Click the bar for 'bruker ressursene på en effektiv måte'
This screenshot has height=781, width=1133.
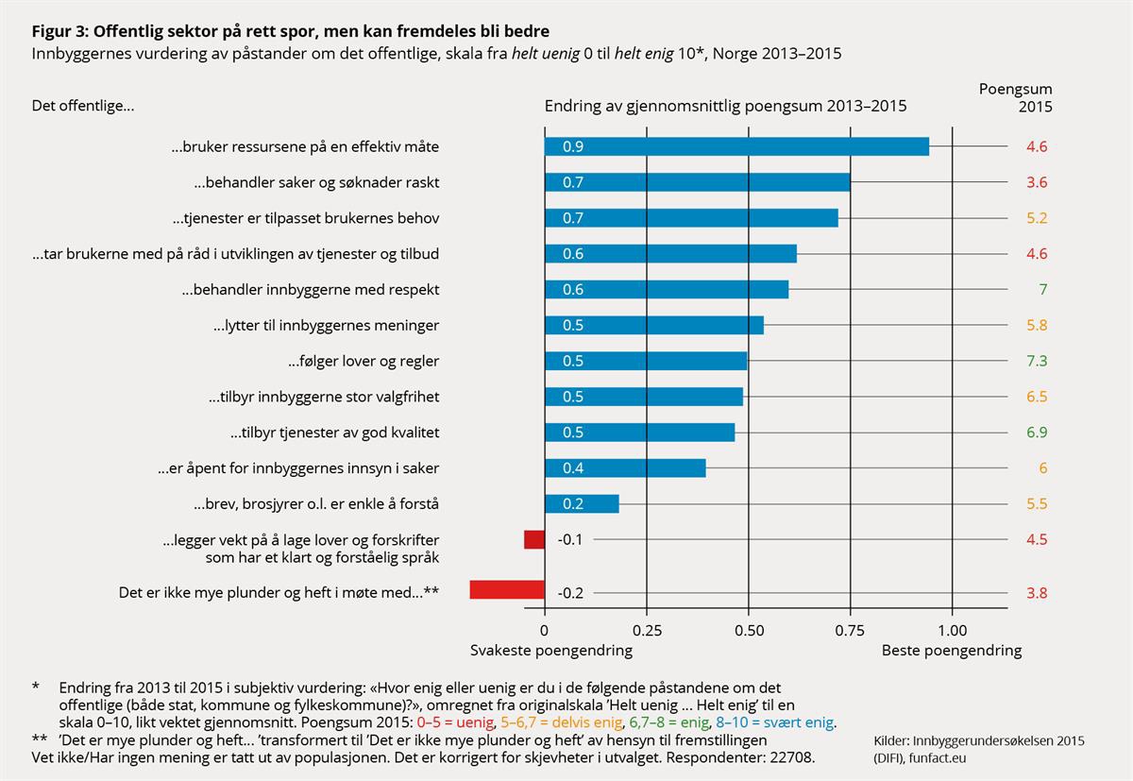[736, 146]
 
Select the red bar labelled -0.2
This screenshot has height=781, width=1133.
[507, 590]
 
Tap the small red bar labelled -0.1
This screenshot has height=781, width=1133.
[534, 539]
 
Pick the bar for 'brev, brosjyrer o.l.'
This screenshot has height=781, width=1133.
[582, 503]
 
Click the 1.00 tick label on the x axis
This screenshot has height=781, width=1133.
[952, 629]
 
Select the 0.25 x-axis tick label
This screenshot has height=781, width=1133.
[646, 629]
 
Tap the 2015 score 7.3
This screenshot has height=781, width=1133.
[1037, 361]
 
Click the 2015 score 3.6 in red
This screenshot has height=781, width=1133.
[1037, 182]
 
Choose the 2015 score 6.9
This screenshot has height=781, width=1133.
[1037, 433]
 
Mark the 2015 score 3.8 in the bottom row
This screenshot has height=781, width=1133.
[1037, 593]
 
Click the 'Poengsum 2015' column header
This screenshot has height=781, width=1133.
[1015, 98]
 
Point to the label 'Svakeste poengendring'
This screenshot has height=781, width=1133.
[551, 651]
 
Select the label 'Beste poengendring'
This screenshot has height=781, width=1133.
[951, 651]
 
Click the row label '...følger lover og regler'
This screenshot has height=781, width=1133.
[364, 361]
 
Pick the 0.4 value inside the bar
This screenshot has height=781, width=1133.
[573, 468]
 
